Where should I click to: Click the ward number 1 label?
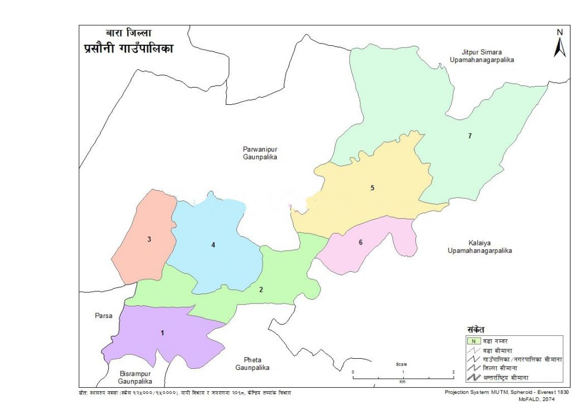[162, 333]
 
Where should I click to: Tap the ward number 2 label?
[260, 289]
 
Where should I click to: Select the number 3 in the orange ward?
[149, 239]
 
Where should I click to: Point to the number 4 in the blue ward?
[213, 244]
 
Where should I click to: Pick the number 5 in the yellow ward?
[372, 188]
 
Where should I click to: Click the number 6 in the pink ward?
[360, 242]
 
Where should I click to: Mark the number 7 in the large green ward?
[470, 136]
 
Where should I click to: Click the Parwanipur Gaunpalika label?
[260, 153]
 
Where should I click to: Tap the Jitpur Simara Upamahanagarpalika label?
[475, 55]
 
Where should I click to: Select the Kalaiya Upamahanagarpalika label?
[480, 247]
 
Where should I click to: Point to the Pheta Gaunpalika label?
[252, 363]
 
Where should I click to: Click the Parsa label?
[103, 316]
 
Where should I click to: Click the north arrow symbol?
[559, 44]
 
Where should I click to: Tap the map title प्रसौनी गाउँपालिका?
[125, 49]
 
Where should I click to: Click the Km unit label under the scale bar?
[403, 383]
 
